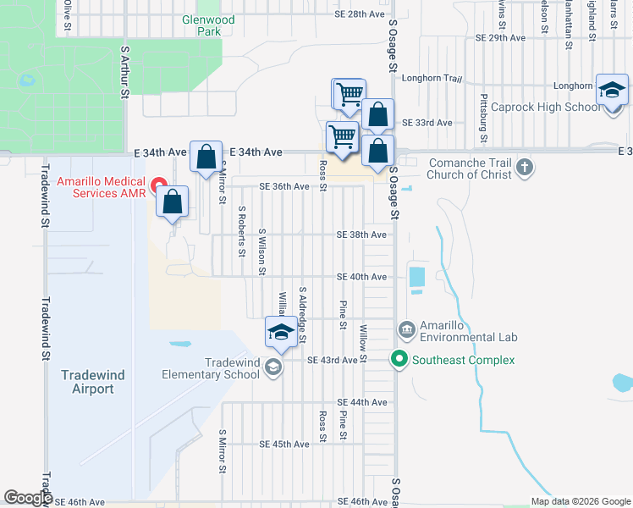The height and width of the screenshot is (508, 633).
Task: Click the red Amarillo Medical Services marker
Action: click(157, 185)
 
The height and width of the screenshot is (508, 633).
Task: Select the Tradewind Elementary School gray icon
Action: click(272, 367)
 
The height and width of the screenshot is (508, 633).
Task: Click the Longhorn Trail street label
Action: click(432, 79)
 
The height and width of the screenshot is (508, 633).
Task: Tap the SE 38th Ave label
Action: click(361, 235)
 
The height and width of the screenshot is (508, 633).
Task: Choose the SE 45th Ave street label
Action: click(284, 444)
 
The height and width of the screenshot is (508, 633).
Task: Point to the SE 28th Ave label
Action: click(347, 14)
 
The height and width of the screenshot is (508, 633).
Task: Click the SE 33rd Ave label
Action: click(427, 123)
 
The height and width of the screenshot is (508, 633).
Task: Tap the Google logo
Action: click(28, 498)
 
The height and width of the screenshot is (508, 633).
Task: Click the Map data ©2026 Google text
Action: click(579, 501)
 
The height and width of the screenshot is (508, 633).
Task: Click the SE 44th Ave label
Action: click(361, 401)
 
